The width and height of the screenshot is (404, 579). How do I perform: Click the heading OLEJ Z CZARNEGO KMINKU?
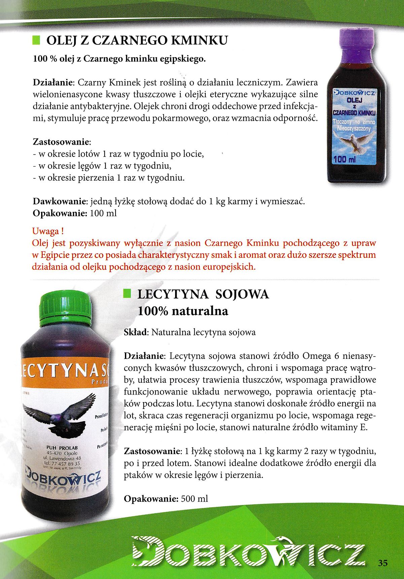[137, 41]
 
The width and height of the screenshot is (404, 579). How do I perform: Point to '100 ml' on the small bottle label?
[344, 159]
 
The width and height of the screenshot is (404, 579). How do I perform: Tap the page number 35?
[383, 563]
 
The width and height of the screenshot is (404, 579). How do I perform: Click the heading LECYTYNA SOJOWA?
[203, 294]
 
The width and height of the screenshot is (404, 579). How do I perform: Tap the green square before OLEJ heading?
[36, 41]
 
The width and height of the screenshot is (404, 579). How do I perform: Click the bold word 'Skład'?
[136, 332]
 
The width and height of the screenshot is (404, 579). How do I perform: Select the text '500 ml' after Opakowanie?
[194, 499]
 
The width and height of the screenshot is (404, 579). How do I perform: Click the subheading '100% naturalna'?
[183, 311]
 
